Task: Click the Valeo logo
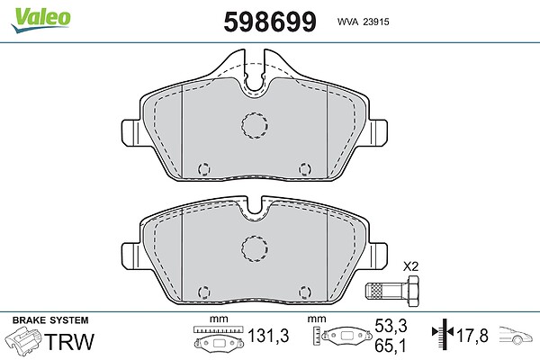[x=40, y=20]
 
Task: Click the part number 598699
[x=270, y=22]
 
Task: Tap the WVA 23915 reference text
[x=363, y=22]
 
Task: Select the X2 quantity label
[x=410, y=266]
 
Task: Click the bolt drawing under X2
[x=392, y=291]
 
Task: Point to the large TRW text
[x=69, y=342]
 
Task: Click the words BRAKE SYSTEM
[x=50, y=320]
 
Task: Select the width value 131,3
[x=268, y=336]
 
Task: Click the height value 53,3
[x=391, y=326]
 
